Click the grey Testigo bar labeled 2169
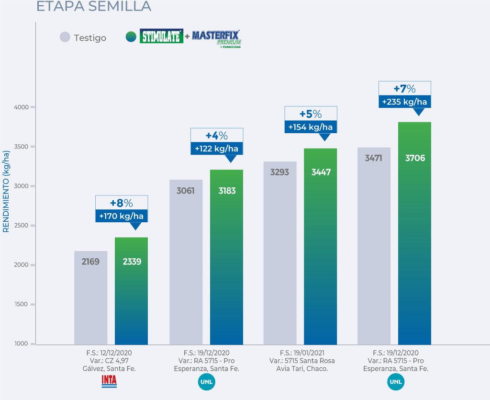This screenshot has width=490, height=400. pos(90,297)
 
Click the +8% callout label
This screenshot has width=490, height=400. pos(121,203)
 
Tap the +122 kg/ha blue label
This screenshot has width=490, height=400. pos(217,149)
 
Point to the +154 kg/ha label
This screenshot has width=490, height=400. pos(311,127)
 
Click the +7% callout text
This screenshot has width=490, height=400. pos(404,89)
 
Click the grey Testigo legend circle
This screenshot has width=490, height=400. pos(65,37)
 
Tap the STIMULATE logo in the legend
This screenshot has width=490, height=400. pos(161,36)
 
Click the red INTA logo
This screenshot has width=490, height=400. pos(109,381)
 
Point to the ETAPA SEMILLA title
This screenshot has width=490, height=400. pos(94,6)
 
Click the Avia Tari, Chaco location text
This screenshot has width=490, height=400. pos(302,369)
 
